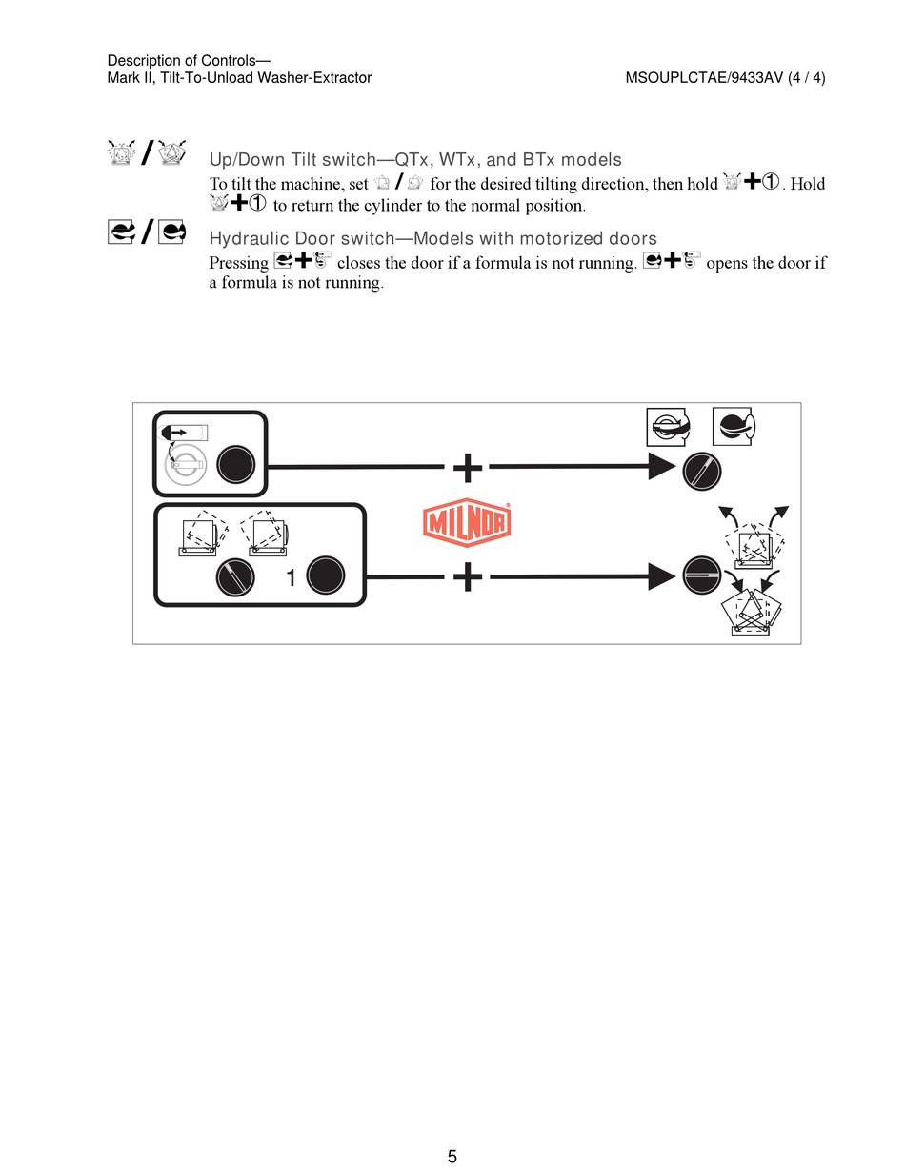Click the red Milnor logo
pyautogui.click(x=467, y=524)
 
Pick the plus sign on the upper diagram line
pyautogui.click(x=467, y=467)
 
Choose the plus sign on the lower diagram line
pyautogui.click(x=467, y=576)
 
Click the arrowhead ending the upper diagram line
pyautogui.click(x=661, y=467)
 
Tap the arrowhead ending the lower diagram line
pyautogui.click(x=661, y=575)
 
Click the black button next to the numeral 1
pyautogui.click(x=326, y=576)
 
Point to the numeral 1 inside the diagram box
pyautogui.click(x=292, y=577)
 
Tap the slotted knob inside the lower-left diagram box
pyautogui.click(x=234, y=576)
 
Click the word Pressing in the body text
pyautogui.click(x=238, y=264)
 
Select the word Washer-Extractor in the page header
pyautogui.click(x=317, y=78)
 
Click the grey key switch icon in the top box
pyautogui.click(x=184, y=467)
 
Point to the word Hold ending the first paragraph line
pyautogui.click(x=806, y=185)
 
